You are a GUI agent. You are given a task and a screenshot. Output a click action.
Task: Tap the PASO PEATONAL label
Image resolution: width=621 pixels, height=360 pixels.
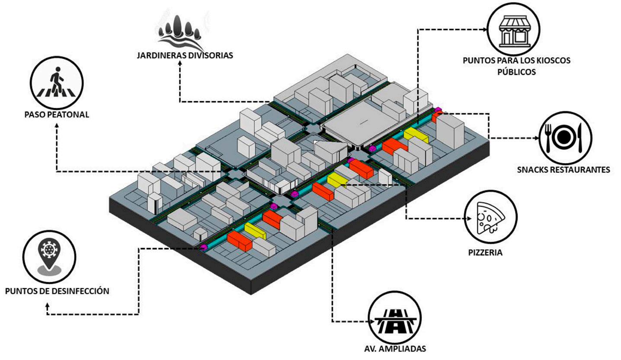point(57,115)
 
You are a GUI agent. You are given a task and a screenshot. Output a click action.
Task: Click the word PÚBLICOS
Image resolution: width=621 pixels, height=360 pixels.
point(516,71)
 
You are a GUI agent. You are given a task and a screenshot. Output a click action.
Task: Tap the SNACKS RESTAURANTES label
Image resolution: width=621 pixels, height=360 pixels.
point(563,169)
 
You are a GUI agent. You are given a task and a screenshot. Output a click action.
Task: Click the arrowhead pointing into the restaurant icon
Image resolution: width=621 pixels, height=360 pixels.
point(537,139)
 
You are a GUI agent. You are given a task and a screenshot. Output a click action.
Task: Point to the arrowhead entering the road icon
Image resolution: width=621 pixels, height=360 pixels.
point(366,321)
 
